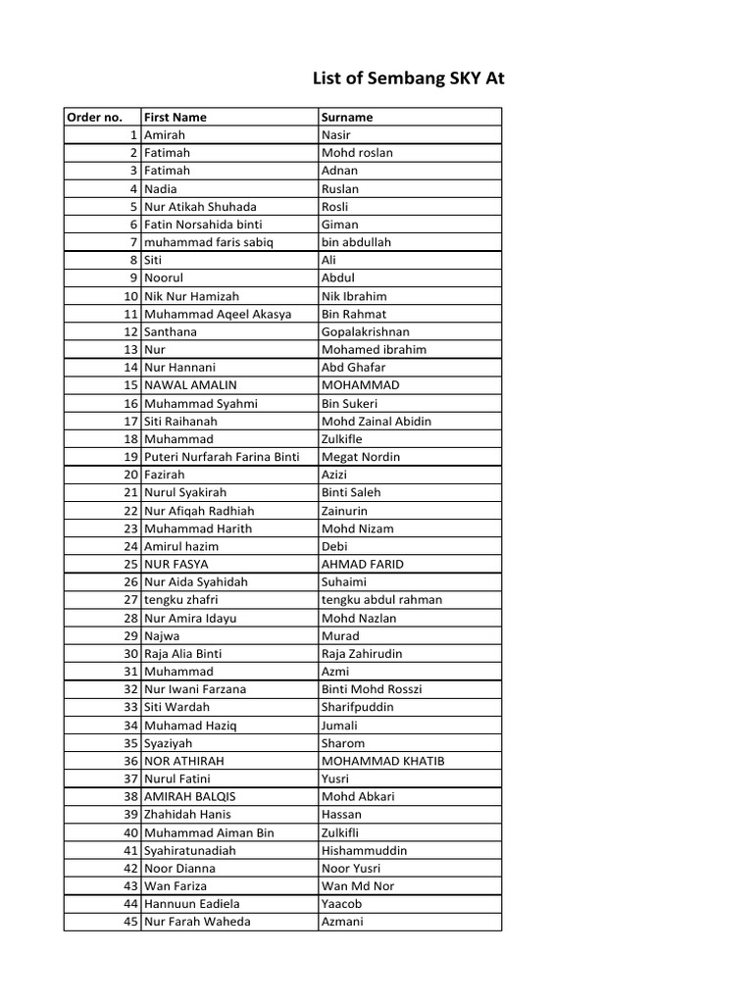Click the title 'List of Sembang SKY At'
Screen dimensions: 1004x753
point(408,78)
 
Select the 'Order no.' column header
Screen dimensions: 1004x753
point(95,117)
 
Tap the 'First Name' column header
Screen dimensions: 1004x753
point(176,117)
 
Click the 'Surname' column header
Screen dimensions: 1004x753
point(347,117)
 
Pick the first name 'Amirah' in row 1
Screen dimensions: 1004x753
point(165,134)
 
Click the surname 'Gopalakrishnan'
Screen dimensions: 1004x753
point(366,331)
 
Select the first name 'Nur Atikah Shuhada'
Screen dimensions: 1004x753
point(200,206)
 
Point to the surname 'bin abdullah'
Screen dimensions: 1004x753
point(354,242)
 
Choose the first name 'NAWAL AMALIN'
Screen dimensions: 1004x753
point(190,385)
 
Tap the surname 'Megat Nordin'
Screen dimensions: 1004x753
point(360,457)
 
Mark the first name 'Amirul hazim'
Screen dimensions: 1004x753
point(181,546)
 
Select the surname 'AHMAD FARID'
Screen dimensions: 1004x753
point(362,564)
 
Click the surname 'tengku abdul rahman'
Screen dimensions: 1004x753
point(381,600)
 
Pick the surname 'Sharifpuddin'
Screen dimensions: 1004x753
point(358,707)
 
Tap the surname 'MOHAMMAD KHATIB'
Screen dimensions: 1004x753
point(376,761)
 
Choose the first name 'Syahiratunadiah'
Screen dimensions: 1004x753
point(190,850)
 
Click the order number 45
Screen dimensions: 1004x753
point(130,922)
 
